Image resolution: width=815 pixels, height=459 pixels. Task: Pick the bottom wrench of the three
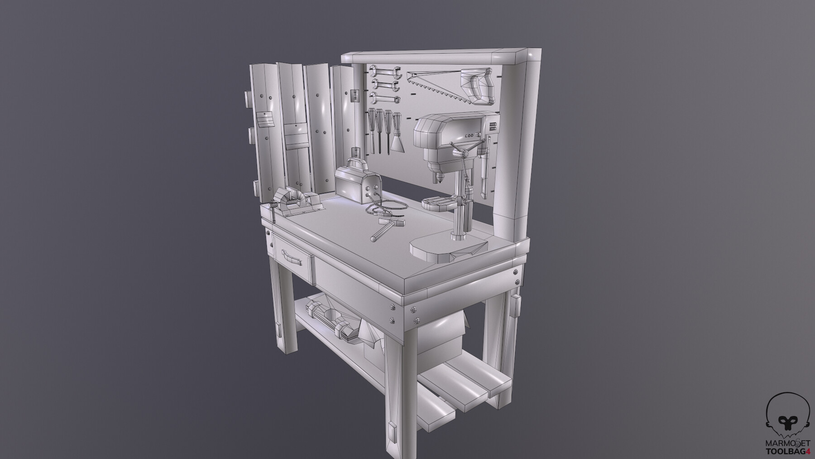pos(384,97)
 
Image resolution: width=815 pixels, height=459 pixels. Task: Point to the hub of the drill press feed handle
pos(464,155)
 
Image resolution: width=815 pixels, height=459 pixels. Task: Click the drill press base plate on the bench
pos(446,250)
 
